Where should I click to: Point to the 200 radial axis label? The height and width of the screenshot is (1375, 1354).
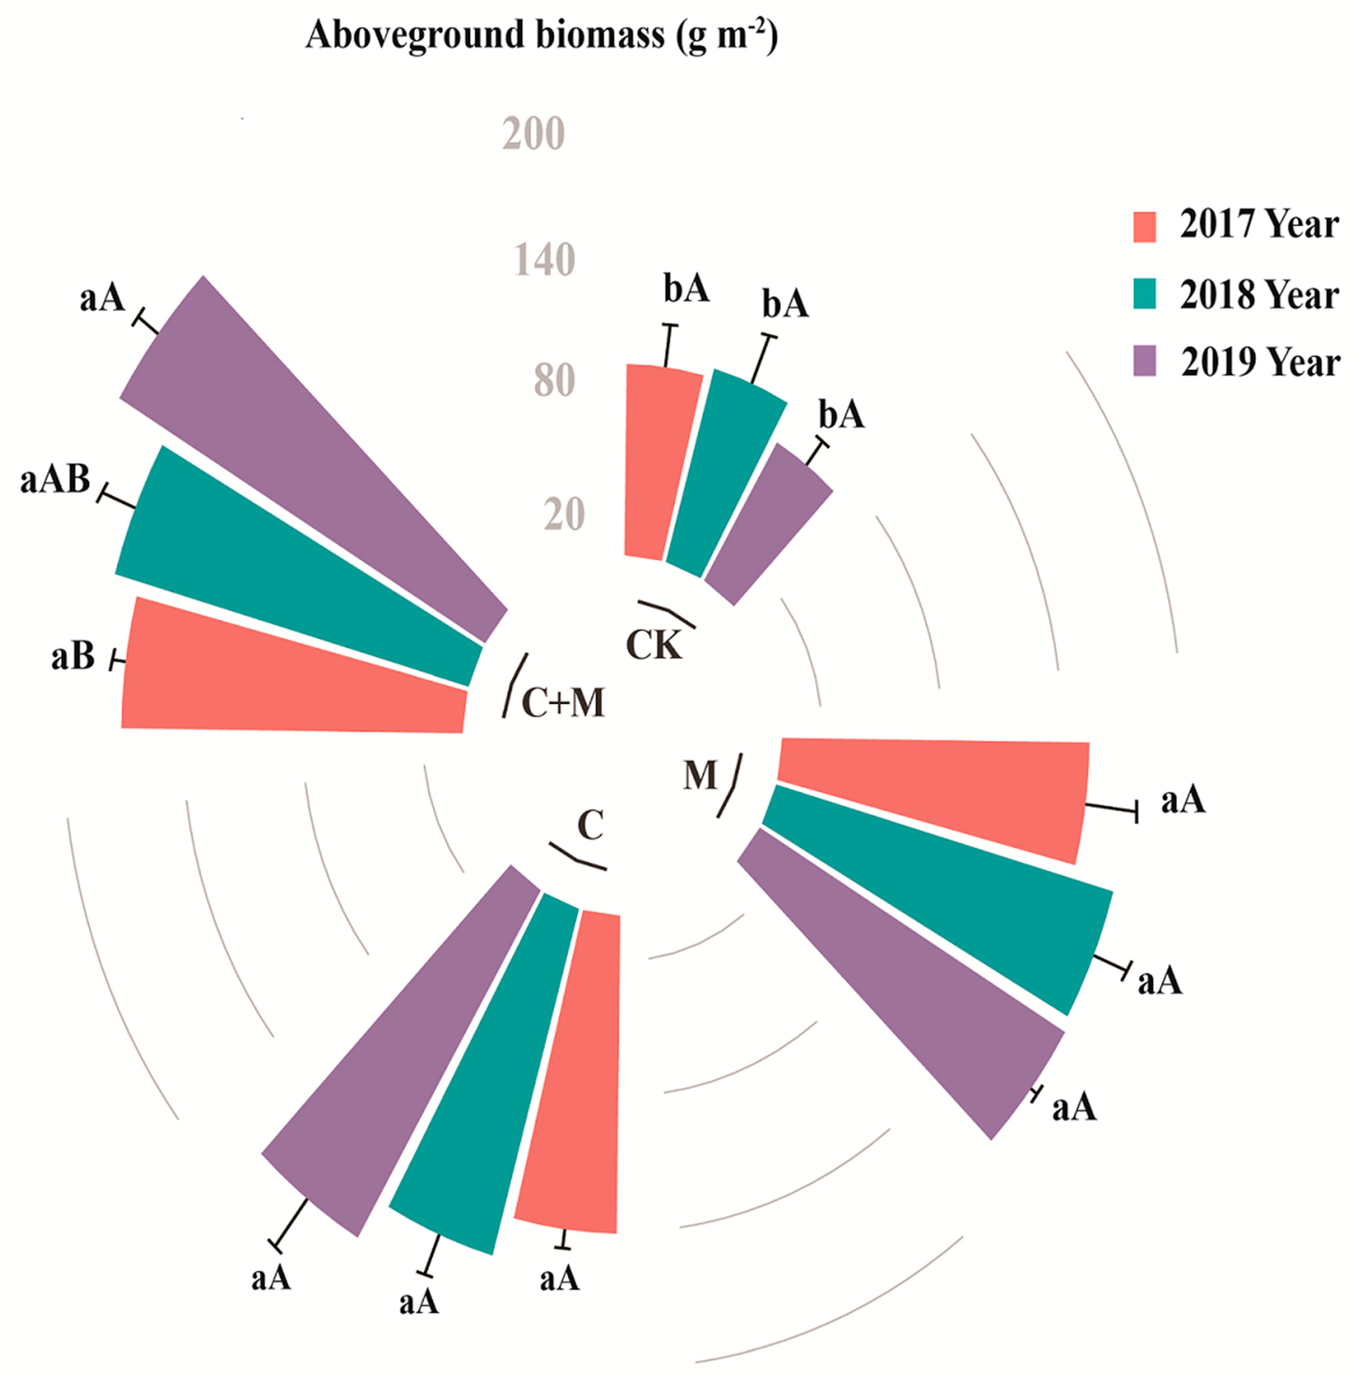[533, 134]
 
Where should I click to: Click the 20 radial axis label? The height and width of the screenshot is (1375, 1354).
[564, 515]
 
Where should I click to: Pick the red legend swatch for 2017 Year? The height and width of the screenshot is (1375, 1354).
[1144, 226]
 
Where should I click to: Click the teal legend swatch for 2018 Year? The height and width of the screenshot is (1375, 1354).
[1144, 293]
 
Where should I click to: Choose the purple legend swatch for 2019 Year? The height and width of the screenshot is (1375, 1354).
[1144, 361]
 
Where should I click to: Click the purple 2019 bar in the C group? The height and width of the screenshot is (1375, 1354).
[398, 1052]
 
